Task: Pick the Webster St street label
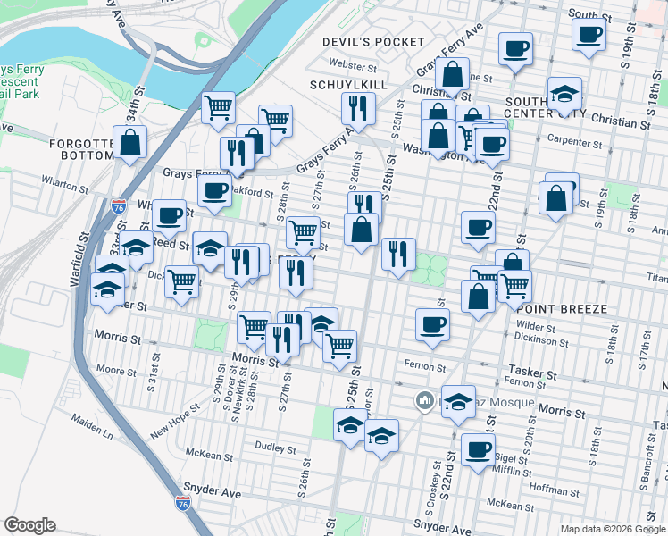point(353,64)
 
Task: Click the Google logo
point(29,525)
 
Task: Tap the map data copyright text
point(612,528)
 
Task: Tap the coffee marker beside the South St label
point(589,35)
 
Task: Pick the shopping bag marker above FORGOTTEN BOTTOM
point(130,141)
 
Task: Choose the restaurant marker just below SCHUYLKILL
point(357,109)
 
